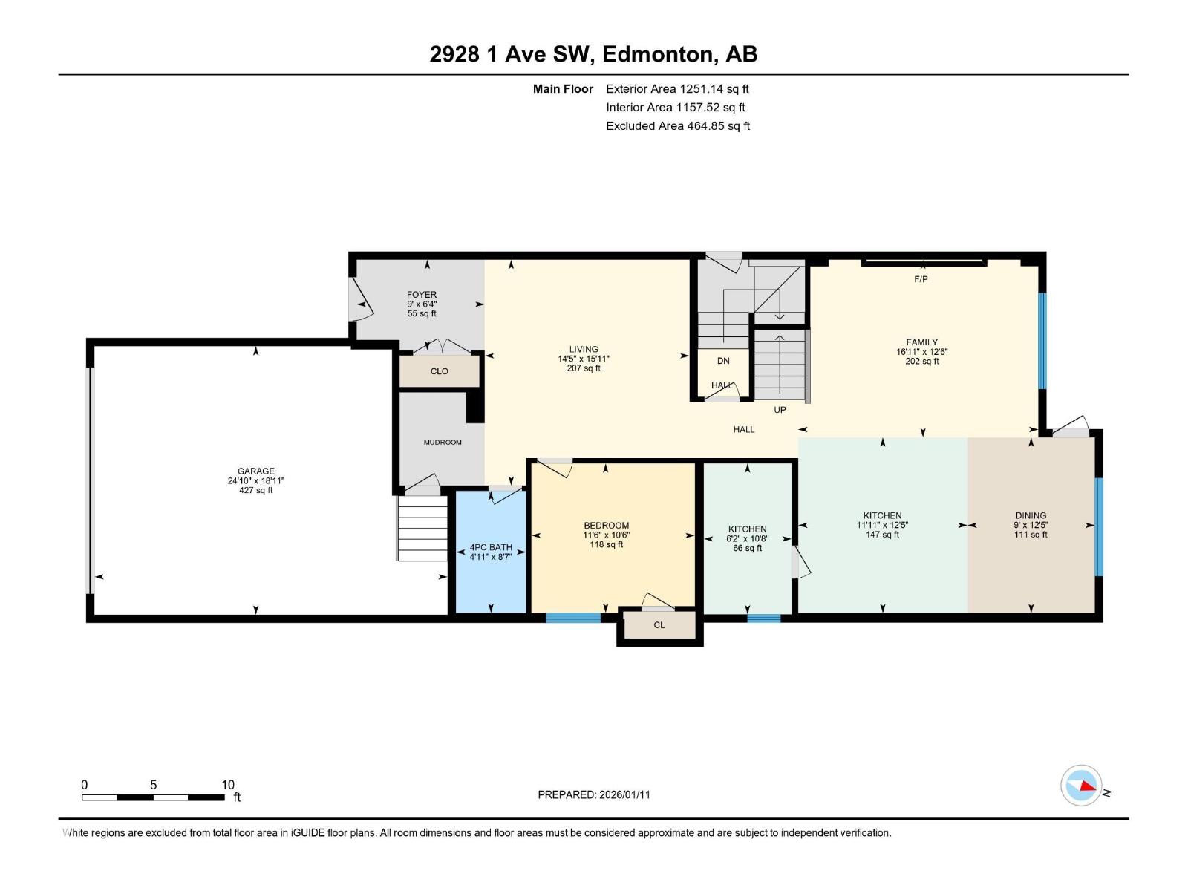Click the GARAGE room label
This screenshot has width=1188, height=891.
(255, 471)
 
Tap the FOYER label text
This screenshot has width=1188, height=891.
(421, 295)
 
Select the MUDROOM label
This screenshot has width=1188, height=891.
(443, 443)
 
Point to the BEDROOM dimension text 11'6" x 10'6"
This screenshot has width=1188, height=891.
(606, 535)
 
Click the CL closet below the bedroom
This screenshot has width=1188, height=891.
(659, 625)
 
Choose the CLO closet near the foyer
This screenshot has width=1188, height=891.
(439, 371)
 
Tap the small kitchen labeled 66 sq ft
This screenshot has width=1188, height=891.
(747, 548)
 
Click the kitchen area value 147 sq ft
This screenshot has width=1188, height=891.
(882, 535)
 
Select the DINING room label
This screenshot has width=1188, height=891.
(1031, 515)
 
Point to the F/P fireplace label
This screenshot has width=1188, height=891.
(921, 279)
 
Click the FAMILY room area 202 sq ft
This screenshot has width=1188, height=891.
(921, 362)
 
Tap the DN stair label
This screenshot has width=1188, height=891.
(723, 361)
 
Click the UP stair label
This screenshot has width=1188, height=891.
(780, 410)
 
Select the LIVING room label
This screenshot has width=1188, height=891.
(584, 349)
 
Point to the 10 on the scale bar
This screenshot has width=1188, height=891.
(227, 785)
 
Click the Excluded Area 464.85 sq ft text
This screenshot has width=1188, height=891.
(677, 126)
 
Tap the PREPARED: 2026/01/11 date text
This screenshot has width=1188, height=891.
(594, 794)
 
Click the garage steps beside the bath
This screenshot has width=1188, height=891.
(422, 528)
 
